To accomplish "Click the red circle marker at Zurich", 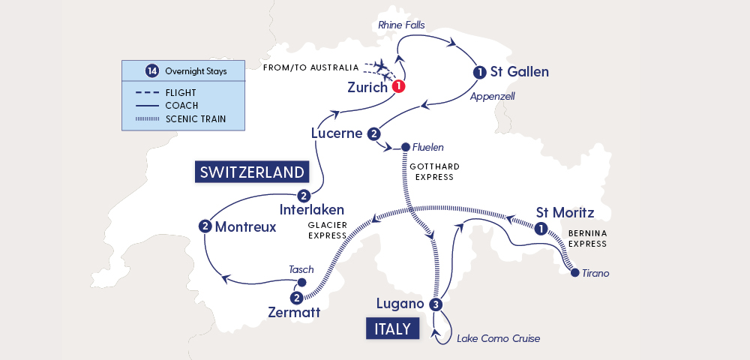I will click(x=399, y=86).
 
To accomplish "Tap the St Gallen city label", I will click(x=519, y=73).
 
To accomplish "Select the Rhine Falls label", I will click(x=401, y=25).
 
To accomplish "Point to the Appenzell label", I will click(x=492, y=97).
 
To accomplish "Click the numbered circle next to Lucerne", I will click(x=373, y=133).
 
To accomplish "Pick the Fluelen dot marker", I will click(x=406, y=147).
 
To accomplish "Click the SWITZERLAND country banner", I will click(x=252, y=172).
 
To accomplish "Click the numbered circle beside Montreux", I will click(x=205, y=226).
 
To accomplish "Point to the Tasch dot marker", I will click(x=301, y=283).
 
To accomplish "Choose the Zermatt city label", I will click(x=294, y=312).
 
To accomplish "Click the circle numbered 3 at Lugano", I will click(x=436, y=304).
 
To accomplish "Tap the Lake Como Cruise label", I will click(x=498, y=338).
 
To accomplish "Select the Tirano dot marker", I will click(x=574, y=274).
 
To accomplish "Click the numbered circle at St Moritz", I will click(x=540, y=229).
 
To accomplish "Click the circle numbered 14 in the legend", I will click(x=152, y=71).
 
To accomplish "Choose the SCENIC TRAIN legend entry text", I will click(x=195, y=118).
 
